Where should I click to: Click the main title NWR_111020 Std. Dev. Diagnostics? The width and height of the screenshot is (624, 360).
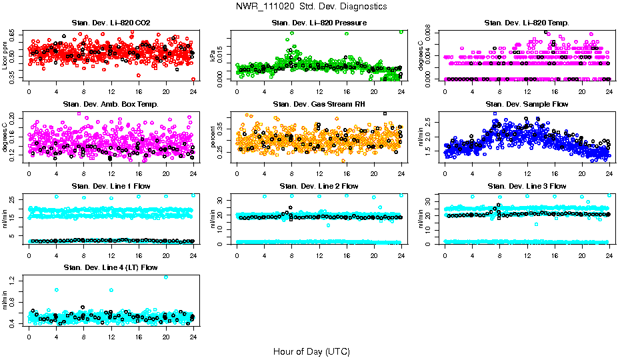pyautogui.click(x=311, y=6)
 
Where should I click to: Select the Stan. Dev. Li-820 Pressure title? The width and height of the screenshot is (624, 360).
pyautogui.click(x=319, y=23)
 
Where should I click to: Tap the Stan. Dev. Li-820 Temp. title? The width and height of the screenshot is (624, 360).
pyautogui.click(x=527, y=23)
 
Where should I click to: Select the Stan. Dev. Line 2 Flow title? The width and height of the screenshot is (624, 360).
pyautogui.click(x=319, y=186)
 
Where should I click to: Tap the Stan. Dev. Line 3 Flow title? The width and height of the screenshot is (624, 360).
pyautogui.click(x=527, y=186)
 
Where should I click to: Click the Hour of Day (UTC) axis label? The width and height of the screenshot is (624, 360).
pyautogui.click(x=311, y=351)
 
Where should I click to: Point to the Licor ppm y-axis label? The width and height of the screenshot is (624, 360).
pyautogui.click(x=5, y=56)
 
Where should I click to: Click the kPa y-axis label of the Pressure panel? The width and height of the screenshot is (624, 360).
pyautogui.click(x=213, y=56)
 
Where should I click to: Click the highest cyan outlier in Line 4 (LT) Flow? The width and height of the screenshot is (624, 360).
pyautogui.click(x=165, y=277)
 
